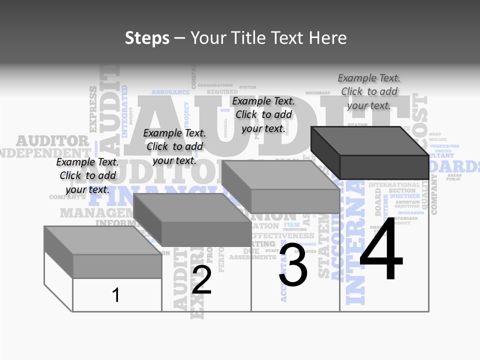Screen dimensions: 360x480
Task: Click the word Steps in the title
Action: click(x=147, y=38)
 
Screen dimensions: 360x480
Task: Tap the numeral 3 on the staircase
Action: click(x=293, y=266)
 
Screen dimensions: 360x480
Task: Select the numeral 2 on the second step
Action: click(x=201, y=280)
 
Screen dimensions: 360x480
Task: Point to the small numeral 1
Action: click(x=116, y=295)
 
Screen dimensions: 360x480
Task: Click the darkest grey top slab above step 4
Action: click(x=370, y=151)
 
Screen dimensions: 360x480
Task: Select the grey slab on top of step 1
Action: click(x=102, y=251)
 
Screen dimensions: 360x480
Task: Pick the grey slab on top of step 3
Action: click(x=280, y=186)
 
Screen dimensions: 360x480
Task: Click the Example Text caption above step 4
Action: click(x=369, y=91)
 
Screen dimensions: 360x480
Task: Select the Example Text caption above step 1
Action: click(x=87, y=175)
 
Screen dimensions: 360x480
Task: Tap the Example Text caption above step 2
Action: click(x=174, y=146)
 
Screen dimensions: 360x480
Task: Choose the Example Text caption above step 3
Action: click(x=263, y=114)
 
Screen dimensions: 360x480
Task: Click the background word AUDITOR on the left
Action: click(x=52, y=141)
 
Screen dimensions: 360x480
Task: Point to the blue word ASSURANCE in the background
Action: click(x=170, y=92)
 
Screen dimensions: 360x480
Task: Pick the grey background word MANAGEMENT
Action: click(x=92, y=213)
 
